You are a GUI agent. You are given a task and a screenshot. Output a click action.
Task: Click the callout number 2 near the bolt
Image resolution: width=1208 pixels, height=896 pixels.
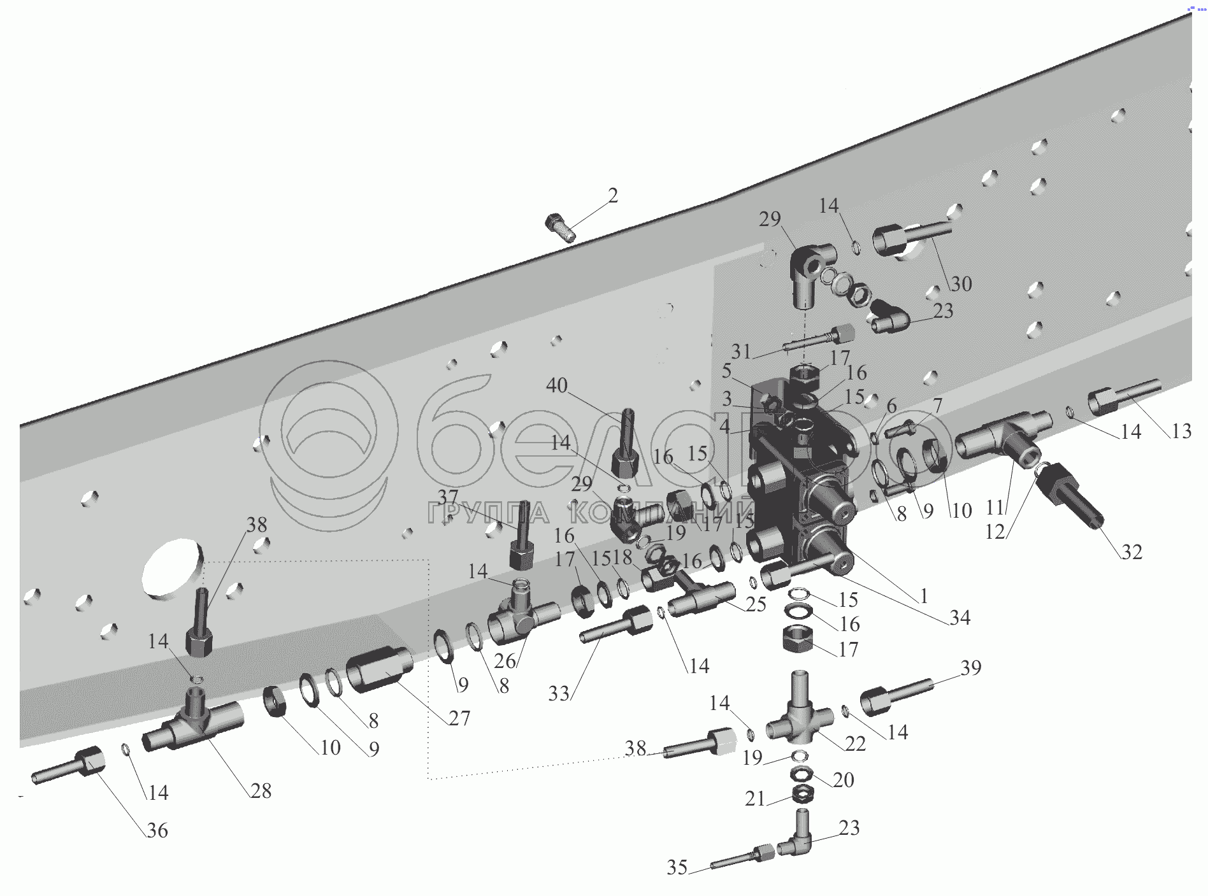pos(612,196)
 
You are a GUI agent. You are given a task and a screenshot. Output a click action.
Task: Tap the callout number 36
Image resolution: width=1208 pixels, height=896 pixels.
pos(157,830)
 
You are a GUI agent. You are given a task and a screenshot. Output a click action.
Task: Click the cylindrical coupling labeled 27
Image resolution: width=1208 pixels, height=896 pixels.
pos(379,668)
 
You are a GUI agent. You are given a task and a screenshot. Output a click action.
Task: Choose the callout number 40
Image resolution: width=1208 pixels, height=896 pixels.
pos(557,385)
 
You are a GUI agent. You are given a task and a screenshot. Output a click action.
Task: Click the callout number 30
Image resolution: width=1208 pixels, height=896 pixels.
pos(961,283)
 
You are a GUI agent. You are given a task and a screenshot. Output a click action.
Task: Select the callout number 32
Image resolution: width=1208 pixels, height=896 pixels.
pos(1132,551)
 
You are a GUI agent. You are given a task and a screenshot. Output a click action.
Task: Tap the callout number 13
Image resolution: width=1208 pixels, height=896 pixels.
pos(1181,431)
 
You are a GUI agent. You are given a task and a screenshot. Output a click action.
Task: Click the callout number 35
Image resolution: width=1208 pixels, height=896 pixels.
pos(677,867)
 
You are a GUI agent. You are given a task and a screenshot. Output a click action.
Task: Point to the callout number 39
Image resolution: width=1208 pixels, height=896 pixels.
pos(971,667)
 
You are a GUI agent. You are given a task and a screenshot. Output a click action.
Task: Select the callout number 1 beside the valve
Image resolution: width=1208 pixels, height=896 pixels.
pos(923,597)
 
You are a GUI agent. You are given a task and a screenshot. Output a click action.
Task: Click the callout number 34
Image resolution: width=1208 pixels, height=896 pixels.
pos(960,617)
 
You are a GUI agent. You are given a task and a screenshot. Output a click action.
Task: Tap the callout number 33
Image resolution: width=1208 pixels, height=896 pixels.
pos(559,693)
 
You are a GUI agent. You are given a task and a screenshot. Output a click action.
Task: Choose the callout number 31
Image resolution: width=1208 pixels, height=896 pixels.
pos(741,351)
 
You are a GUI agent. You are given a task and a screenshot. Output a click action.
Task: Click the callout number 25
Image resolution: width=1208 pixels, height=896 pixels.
pos(756,604)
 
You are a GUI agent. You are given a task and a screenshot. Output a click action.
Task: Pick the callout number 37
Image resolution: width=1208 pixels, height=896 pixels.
pos(448,497)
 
